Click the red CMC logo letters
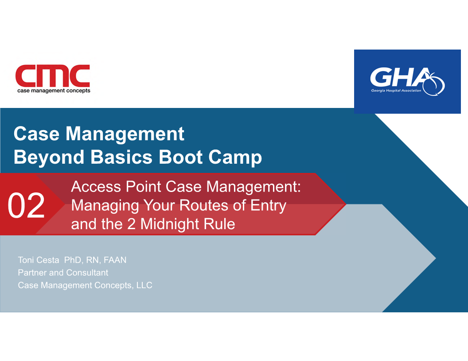53,76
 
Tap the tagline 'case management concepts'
54,91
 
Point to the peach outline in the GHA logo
435,85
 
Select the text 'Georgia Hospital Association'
396,91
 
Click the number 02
26,206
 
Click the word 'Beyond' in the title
49,157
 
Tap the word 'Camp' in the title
235,157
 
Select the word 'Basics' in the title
121,157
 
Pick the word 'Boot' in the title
181,157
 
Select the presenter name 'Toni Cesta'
39,260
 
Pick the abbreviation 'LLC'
144,285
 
